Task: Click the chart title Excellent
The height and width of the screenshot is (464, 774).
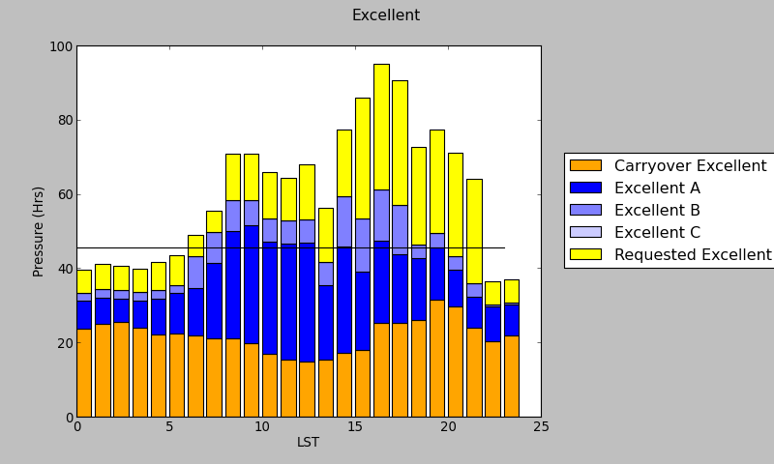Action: [385, 15]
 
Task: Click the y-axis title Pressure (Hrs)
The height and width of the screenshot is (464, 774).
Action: [39, 231]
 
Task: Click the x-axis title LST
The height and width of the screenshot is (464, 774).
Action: [308, 443]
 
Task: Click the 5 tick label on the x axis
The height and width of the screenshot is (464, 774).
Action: [169, 427]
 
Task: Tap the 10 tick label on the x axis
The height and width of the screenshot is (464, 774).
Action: [262, 427]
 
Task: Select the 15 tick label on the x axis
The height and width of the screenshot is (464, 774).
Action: [355, 427]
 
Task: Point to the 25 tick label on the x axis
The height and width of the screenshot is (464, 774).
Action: [541, 427]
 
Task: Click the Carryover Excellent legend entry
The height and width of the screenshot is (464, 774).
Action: [690, 166]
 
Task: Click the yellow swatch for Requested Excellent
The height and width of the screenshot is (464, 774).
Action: [585, 255]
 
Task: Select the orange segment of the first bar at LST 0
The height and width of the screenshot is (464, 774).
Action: [84, 372]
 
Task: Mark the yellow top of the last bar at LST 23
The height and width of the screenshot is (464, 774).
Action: [512, 291]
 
